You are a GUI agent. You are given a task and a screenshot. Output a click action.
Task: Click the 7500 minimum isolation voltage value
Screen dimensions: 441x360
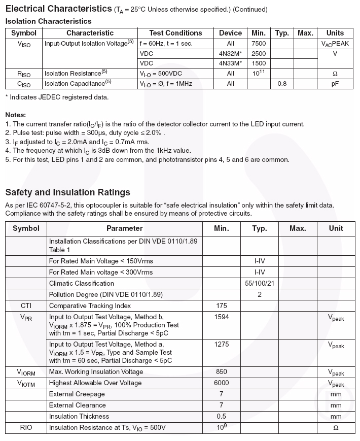pos(259,44)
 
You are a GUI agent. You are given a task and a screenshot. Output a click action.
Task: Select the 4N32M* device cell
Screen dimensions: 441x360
pos(230,54)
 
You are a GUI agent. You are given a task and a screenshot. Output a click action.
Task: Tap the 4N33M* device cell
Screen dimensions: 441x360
pos(230,63)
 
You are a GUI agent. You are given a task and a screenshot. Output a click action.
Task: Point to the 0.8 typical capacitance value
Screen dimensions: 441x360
pos(282,84)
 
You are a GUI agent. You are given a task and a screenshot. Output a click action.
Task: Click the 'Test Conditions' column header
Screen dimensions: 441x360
pos(175,33)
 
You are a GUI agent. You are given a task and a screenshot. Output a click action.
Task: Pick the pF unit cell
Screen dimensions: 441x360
pos(335,84)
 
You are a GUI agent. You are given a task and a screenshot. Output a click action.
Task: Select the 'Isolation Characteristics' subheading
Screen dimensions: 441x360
pos(48,21)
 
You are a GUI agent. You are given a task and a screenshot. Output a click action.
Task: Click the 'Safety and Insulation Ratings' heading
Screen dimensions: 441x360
pos(67,192)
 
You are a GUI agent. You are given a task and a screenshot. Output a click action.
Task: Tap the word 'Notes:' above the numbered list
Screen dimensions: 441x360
pos(15,115)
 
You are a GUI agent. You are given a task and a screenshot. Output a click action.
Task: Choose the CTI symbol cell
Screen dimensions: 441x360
pos(26,306)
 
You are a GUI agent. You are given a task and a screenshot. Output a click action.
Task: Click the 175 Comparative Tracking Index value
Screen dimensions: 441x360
pos(222,306)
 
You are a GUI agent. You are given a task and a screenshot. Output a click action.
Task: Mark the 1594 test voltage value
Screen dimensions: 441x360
pos(222,317)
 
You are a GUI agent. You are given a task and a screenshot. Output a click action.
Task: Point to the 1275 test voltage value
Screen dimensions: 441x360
pos(222,344)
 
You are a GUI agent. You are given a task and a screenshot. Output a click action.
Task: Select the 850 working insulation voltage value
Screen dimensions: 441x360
pos(222,372)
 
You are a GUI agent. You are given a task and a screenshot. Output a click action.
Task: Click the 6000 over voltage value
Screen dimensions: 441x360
pos(222,383)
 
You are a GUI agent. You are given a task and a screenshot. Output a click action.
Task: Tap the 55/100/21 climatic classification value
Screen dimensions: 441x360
pos(260,283)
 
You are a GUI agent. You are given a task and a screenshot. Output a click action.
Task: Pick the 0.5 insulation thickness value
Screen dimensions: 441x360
pos(222,416)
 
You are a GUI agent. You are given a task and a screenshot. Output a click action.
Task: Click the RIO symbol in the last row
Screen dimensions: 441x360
pos(26,428)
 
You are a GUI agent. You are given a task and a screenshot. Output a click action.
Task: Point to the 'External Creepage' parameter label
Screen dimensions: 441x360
pos(77,394)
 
